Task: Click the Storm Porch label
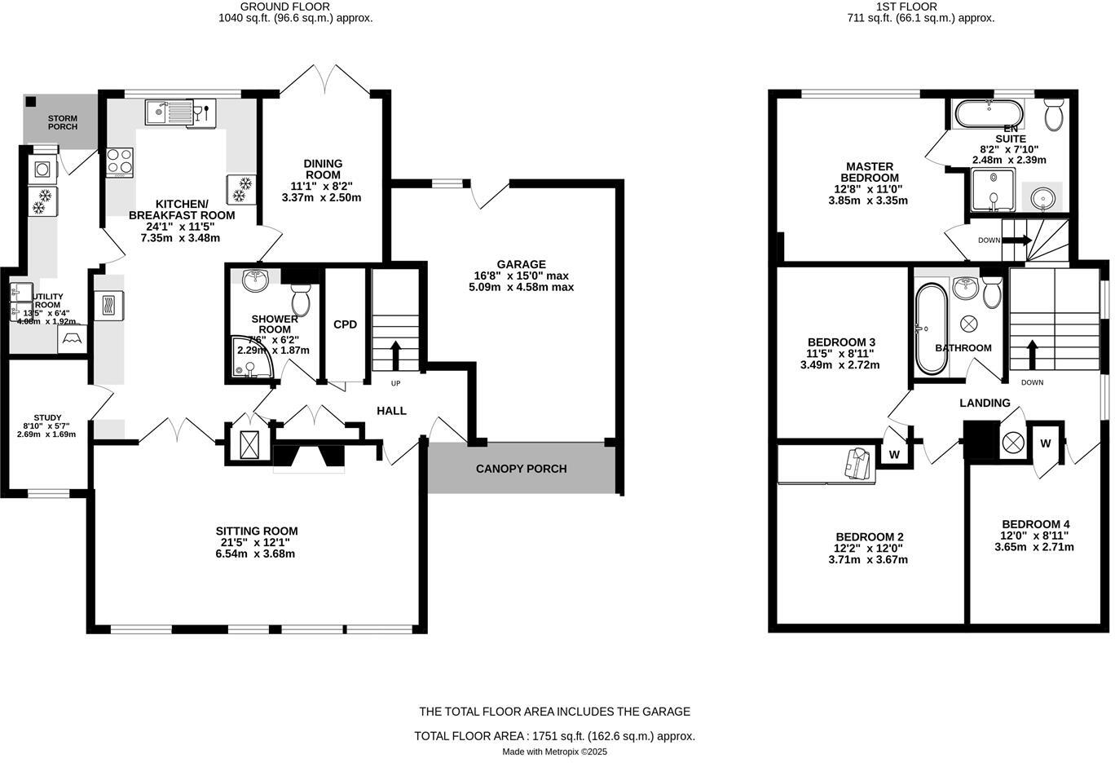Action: (x=62, y=122)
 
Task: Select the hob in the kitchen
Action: (x=120, y=161)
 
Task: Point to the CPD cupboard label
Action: (x=345, y=324)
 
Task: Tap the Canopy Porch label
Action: (x=521, y=469)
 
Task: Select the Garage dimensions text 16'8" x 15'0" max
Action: (x=522, y=276)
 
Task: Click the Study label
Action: (x=47, y=418)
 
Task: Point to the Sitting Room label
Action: (x=257, y=531)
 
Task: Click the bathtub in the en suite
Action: (x=987, y=113)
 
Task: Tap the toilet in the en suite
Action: (x=1054, y=115)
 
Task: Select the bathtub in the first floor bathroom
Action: (x=930, y=328)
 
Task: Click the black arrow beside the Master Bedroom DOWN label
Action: (x=1015, y=240)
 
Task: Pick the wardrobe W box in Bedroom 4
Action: (x=1046, y=443)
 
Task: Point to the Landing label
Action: (x=985, y=403)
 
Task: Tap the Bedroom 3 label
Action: (x=841, y=342)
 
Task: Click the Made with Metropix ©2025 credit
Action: (x=554, y=752)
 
